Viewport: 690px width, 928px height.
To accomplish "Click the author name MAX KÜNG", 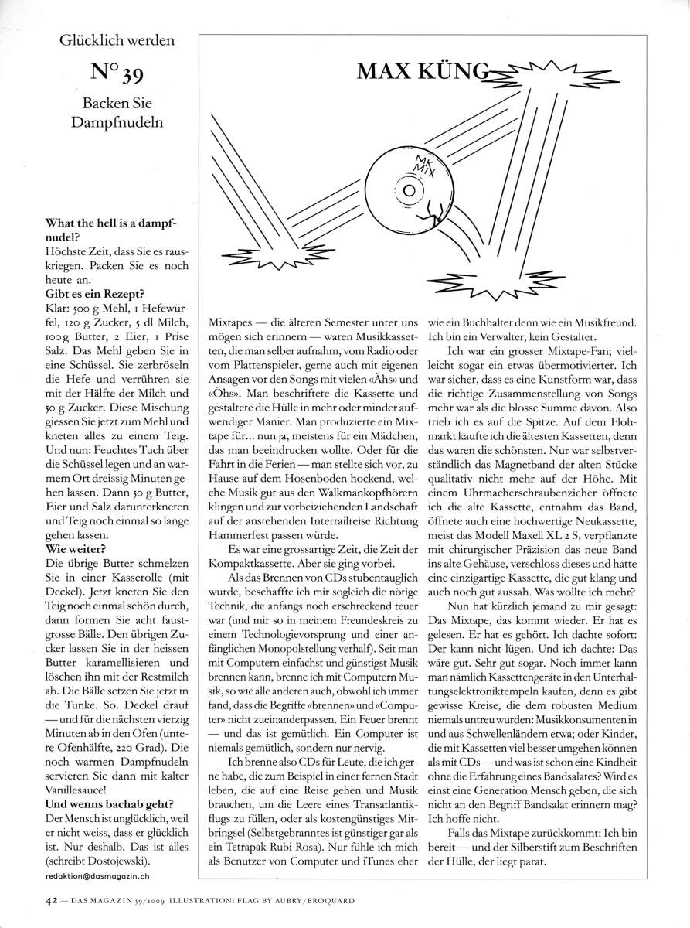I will [x=422, y=73].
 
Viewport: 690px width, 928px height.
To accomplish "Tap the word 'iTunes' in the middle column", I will [x=378, y=861].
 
